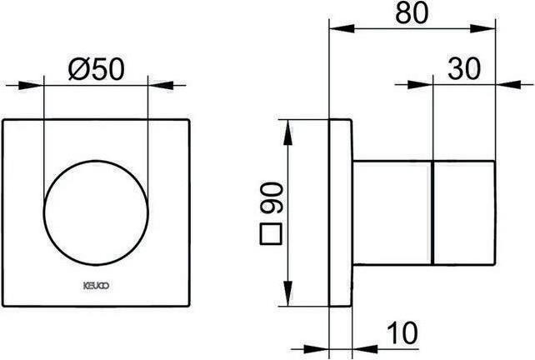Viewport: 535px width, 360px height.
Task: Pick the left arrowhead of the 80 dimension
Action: tap(337, 28)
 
